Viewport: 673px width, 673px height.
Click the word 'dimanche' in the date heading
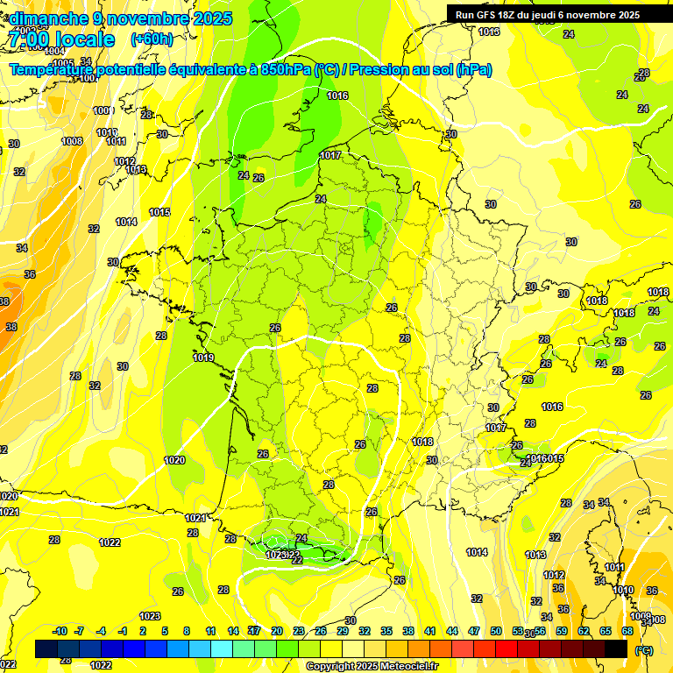(x=46, y=18)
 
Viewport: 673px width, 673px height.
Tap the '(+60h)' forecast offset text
(x=152, y=39)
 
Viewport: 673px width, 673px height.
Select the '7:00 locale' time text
(x=60, y=39)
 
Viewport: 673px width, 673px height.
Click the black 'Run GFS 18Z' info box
(x=558, y=14)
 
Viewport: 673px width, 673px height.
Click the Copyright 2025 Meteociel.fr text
(x=372, y=666)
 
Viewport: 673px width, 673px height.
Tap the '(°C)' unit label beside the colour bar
(x=643, y=649)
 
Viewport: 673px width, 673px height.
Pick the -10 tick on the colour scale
(x=60, y=631)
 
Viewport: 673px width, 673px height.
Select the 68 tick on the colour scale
(x=627, y=631)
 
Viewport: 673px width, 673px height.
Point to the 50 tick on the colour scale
(x=496, y=631)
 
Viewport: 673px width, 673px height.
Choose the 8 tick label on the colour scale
(x=187, y=631)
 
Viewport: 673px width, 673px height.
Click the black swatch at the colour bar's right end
(x=616, y=648)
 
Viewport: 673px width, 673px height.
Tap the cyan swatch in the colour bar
(x=222, y=648)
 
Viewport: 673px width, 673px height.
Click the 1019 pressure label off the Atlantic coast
(x=203, y=358)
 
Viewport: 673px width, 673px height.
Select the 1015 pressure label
(x=159, y=212)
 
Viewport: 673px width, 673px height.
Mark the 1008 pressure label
(x=72, y=141)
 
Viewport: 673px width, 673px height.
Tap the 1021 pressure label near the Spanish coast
(x=196, y=518)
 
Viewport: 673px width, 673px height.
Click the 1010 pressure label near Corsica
(x=623, y=591)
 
